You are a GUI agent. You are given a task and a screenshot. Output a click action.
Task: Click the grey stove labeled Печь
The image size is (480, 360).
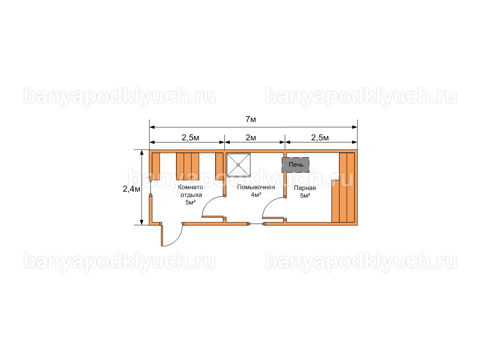295,164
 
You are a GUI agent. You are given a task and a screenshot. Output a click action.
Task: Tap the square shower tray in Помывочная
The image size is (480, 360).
238,165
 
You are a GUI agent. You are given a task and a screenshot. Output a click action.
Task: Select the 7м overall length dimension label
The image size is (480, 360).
251,119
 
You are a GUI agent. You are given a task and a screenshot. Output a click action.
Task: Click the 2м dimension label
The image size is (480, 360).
251,138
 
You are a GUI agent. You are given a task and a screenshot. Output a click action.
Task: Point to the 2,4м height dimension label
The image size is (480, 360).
131,189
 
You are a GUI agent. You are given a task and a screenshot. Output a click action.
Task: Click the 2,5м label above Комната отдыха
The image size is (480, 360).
190,138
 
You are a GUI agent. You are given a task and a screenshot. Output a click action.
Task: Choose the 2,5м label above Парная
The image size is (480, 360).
320,138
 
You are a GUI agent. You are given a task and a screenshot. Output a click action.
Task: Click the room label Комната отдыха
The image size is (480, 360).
190,191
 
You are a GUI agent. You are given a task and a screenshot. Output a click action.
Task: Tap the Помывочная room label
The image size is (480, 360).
256,187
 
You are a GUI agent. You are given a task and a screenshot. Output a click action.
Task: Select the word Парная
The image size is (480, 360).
305,188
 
